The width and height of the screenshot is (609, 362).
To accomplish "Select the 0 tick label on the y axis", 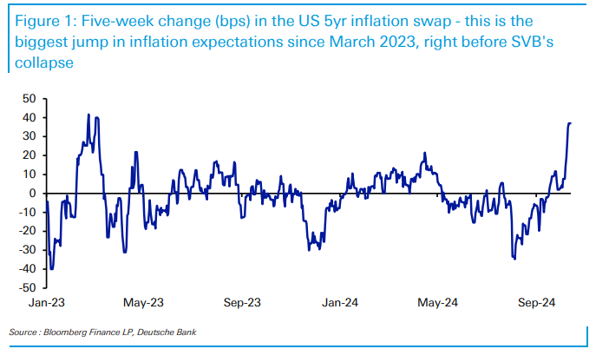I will [x=32, y=193].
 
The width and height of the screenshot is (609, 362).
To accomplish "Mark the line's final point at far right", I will [x=570, y=123].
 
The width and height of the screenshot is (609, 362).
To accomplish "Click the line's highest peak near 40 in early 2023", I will [x=88, y=115].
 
